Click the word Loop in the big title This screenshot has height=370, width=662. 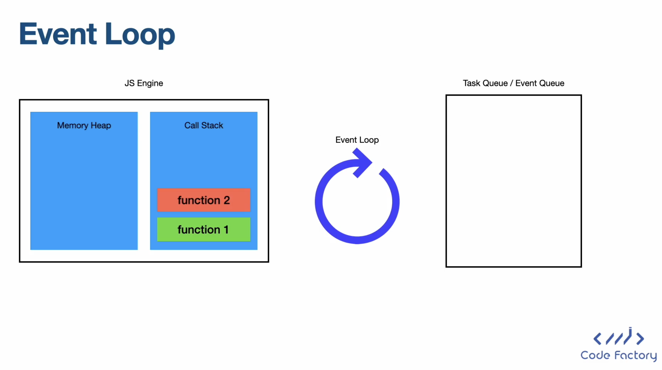point(140,36)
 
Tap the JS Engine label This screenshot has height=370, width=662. point(144,83)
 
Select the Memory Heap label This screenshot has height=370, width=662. point(84,126)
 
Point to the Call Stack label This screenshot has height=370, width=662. point(204,125)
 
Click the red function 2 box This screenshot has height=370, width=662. point(204,200)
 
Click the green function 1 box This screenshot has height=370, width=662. point(204,229)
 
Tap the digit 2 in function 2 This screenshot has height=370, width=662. point(226,200)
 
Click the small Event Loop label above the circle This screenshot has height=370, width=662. point(357,140)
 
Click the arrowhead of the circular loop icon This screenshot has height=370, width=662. point(362,162)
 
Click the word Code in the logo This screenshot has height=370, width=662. point(595,355)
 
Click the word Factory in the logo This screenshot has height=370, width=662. point(636,356)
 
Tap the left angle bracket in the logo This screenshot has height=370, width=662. point(597,339)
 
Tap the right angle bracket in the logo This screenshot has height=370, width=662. point(640,339)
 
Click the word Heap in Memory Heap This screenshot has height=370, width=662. point(101,126)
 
